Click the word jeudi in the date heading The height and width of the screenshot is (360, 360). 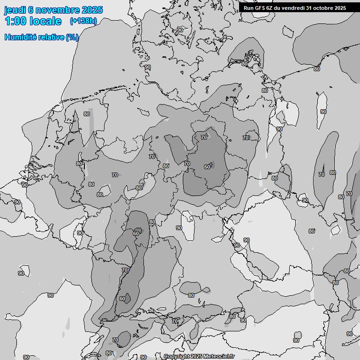[15, 10]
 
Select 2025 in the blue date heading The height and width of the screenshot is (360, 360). [92, 10]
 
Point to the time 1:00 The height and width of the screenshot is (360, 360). [15, 21]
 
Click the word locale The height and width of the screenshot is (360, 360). [45, 21]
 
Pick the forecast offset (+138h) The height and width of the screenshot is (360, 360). [83, 21]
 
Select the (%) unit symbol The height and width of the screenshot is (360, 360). [72, 37]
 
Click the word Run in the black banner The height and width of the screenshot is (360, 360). [248, 7]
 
